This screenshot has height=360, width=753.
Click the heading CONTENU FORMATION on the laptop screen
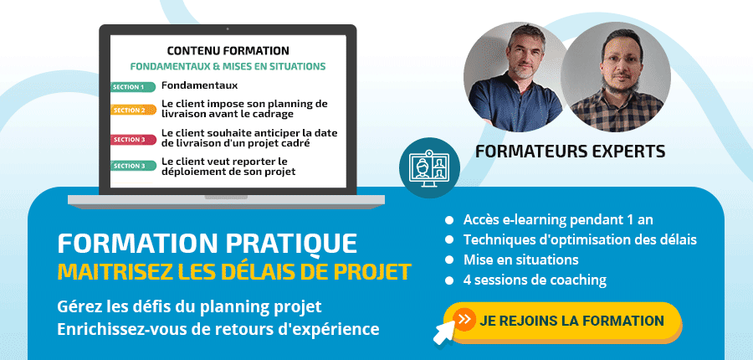pyautogui.click(x=228, y=50)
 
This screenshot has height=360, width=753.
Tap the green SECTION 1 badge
pyautogui.click(x=133, y=87)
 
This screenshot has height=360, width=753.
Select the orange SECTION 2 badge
pyautogui.click(x=133, y=110)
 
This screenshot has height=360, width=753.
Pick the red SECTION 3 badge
pyautogui.click(x=133, y=139)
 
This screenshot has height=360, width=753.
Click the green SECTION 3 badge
pyautogui.click(x=133, y=166)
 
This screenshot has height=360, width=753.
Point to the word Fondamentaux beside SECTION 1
pyautogui.click(x=200, y=85)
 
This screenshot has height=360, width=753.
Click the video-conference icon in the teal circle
pyautogui.click(x=429, y=167)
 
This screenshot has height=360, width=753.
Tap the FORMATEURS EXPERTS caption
pyautogui.click(x=570, y=152)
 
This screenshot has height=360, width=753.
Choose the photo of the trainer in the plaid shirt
pyautogui.click(x=616, y=77)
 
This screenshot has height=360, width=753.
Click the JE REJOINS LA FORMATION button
pyautogui.click(x=563, y=321)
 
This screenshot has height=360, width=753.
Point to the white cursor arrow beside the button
pyautogui.click(x=444, y=332)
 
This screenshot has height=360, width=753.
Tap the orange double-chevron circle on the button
pyautogui.click(x=464, y=320)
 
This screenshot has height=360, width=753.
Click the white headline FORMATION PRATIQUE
pyautogui.click(x=207, y=244)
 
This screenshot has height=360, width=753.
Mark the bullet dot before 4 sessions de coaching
pyautogui.click(x=449, y=280)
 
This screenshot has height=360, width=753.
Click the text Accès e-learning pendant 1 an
pyautogui.click(x=558, y=220)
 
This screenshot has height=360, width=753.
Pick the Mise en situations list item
pyautogui.click(x=521, y=260)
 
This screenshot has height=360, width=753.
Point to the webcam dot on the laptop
pyautogui.click(x=228, y=29)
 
